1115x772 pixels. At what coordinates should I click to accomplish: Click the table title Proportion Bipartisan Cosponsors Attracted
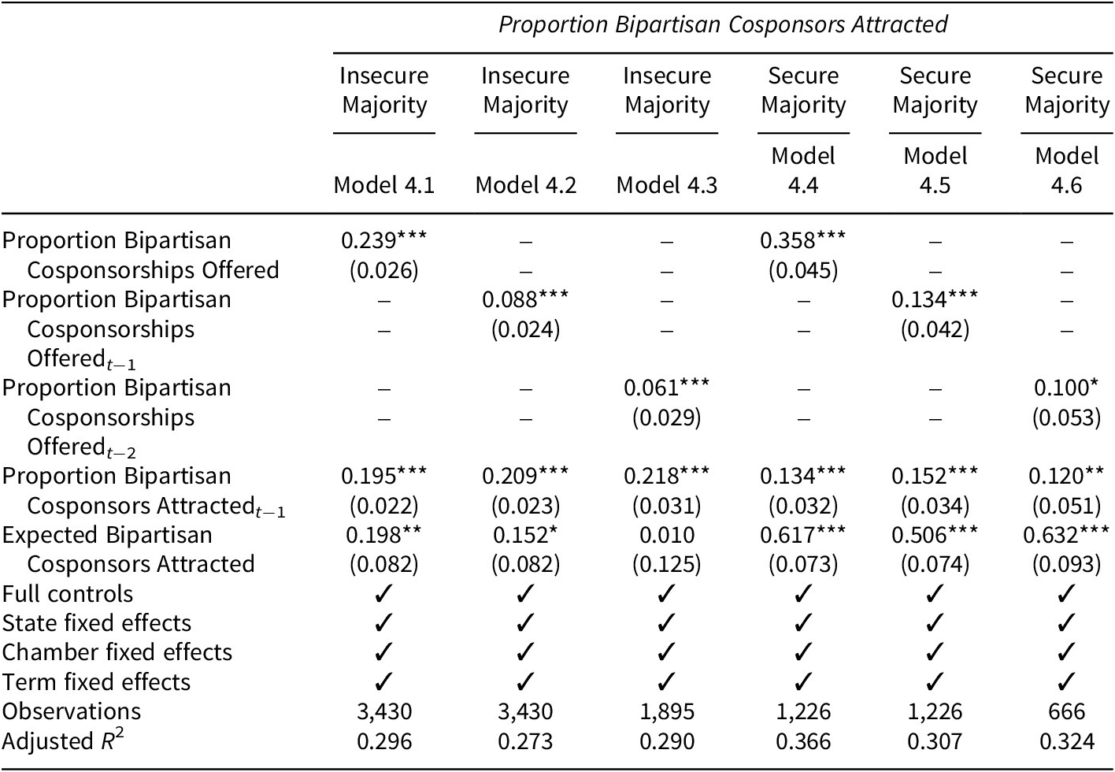tap(723, 24)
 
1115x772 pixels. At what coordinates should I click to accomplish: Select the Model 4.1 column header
tap(384, 185)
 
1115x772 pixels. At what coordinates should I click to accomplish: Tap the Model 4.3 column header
tap(667, 185)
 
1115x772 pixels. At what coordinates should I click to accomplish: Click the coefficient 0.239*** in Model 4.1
tap(384, 240)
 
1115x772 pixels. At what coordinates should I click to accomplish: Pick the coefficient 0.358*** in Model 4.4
tap(803, 240)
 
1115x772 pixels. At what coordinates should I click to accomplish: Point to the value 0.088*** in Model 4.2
tap(525, 299)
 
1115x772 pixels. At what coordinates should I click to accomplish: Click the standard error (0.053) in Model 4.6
tap(1066, 418)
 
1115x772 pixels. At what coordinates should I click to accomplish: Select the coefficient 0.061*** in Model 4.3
tap(666, 388)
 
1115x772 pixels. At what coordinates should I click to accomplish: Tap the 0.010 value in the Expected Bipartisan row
tap(667, 535)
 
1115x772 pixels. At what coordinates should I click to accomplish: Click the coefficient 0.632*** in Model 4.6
tap(1066, 535)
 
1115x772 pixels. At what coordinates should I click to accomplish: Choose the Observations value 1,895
tap(667, 711)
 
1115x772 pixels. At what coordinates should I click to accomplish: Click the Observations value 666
tap(1066, 711)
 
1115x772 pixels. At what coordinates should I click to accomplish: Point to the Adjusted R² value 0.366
tap(803, 741)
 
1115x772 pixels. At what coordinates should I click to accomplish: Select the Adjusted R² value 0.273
tap(525, 741)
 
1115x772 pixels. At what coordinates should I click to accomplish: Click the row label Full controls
tap(68, 594)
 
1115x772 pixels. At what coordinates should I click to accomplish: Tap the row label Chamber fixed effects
tap(117, 652)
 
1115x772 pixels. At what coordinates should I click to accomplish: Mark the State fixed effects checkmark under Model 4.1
tap(384, 623)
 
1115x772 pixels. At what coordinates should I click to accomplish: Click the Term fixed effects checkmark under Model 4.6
tap(1066, 682)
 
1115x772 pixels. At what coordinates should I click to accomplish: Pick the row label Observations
tap(72, 711)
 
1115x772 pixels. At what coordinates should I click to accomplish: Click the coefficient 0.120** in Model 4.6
tap(1066, 476)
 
